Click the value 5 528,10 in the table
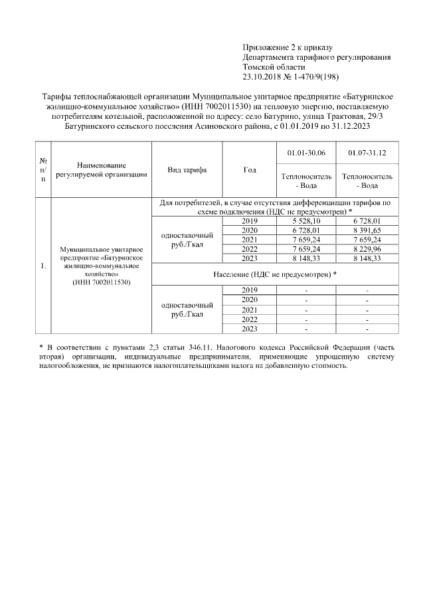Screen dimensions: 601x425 pyautogui.click(x=306, y=220)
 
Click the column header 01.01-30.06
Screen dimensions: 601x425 pyautogui.click(x=306, y=153)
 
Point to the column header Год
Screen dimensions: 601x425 pyautogui.click(x=249, y=170)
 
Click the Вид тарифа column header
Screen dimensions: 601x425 pyautogui.click(x=187, y=170)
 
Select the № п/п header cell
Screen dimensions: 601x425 pyautogui.click(x=43, y=170)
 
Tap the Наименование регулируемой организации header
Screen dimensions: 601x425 pyautogui.click(x=102, y=170)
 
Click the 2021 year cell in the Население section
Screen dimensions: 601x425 pyautogui.click(x=249, y=309)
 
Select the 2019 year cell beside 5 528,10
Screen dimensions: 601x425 pyautogui.click(x=249, y=220)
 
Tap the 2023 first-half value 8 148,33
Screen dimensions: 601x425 pyautogui.click(x=306, y=258)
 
